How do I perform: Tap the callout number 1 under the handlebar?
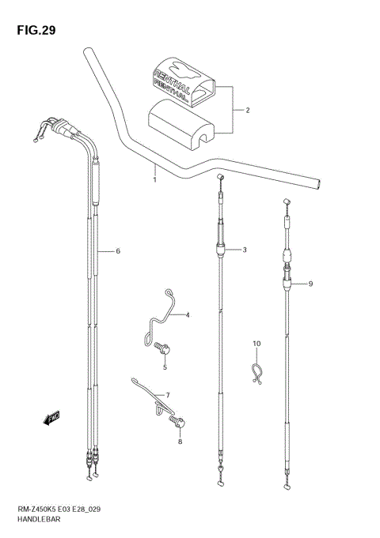(154, 179)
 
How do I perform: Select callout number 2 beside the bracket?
(247, 111)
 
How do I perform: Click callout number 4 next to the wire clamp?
(188, 316)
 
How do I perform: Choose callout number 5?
(165, 367)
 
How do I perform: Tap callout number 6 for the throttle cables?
(117, 251)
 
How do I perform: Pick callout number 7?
(167, 395)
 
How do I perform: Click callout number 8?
(180, 443)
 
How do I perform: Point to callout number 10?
(256, 344)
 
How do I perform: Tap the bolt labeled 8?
(180, 424)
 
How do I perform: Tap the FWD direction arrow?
(52, 417)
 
